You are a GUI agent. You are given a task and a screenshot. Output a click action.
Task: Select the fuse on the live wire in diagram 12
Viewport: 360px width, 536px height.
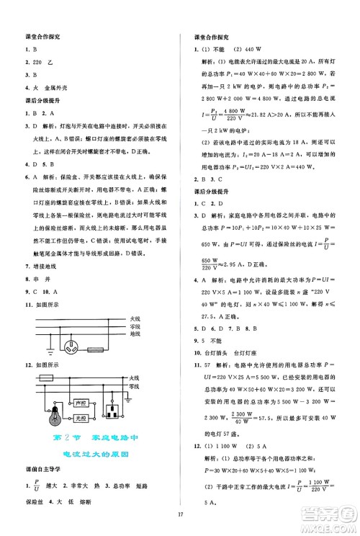click(45, 377)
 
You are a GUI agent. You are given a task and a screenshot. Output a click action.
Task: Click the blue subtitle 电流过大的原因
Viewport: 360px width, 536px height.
click(89, 454)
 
